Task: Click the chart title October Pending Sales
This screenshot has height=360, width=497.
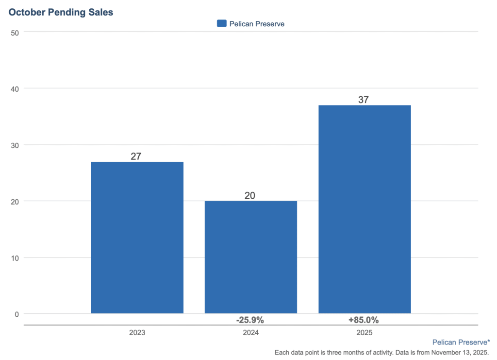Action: (61, 12)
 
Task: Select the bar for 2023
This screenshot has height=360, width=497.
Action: (137, 238)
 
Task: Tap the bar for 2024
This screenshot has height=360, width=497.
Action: (251, 257)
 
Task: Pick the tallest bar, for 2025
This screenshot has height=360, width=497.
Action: (364, 209)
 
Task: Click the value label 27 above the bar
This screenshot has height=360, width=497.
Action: (136, 156)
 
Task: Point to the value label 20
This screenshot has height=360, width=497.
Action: (250, 195)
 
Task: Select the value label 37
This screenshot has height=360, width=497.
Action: (364, 100)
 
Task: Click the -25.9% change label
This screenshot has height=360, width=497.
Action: (250, 320)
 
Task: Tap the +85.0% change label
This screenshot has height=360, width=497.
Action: (364, 320)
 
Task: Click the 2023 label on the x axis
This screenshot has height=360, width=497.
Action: (137, 333)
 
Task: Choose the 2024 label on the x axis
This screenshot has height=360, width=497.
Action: (250, 333)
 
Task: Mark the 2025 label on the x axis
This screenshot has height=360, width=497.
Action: (364, 333)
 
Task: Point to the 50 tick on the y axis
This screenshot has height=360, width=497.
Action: (15, 32)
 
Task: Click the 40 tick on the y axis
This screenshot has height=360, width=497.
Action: (15, 88)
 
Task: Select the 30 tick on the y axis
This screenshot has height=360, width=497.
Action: (15, 145)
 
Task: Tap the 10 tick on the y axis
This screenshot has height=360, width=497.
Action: (15, 257)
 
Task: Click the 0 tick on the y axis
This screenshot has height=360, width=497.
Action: (17, 314)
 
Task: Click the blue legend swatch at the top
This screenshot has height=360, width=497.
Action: (222, 23)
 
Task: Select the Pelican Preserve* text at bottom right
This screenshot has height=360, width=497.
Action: (461, 342)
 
